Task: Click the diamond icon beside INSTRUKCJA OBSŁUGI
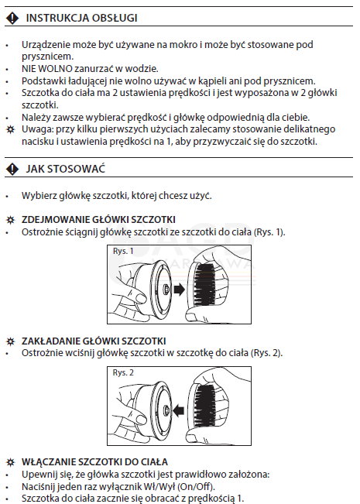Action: pos(12,18)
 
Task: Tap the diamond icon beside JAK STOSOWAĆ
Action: pos(12,169)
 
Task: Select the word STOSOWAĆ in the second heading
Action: pos(76,169)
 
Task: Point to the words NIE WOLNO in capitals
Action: pos(47,68)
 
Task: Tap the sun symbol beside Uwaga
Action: pos(10,130)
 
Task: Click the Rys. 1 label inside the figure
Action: pos(123,251)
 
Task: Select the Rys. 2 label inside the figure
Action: pos(123,372)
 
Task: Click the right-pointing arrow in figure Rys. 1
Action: pos(179,290)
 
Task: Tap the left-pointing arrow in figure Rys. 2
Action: pos(178,410)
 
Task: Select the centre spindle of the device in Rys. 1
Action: pos(166,290)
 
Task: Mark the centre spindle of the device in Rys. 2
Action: pos(166,410)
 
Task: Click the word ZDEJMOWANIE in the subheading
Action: pos(55,220)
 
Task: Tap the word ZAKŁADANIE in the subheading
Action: pos(51,341)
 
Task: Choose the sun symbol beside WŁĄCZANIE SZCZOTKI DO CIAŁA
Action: pos(10,462)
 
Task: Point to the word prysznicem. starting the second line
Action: pos(47,57)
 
